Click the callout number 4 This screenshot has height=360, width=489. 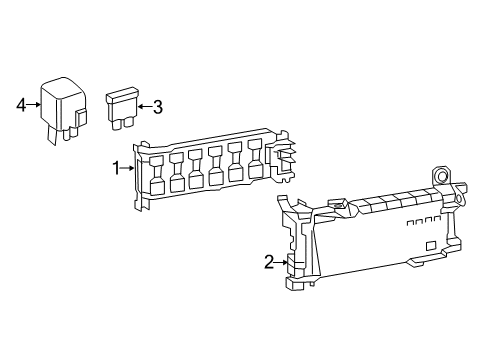tap(21, 105)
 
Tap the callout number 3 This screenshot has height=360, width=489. tap(158, 107)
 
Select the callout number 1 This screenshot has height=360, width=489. tap(116, 168)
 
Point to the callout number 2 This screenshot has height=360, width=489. tap(269, 262)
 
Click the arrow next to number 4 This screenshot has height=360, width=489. tap(33, 105)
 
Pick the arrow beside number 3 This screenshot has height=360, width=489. tap(145, 107)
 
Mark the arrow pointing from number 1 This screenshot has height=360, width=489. tap(127, 169)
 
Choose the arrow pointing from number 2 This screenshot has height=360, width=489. tap(281, 262)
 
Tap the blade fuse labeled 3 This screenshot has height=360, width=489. tap(122, 108)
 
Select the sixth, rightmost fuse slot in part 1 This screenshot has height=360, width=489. tap(255, 158)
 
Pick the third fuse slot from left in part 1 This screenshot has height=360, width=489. tap(195, 168)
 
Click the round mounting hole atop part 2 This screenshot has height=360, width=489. tap(442, 174)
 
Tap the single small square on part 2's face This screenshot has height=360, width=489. tap(431, 245)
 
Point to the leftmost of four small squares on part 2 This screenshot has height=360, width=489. tap(410, 223)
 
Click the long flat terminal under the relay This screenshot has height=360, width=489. tap(52, 135)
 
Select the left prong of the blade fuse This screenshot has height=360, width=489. tap(117, 125)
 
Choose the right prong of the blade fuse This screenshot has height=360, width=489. tap(128, 123)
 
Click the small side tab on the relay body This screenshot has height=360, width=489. tap(80, 117)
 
